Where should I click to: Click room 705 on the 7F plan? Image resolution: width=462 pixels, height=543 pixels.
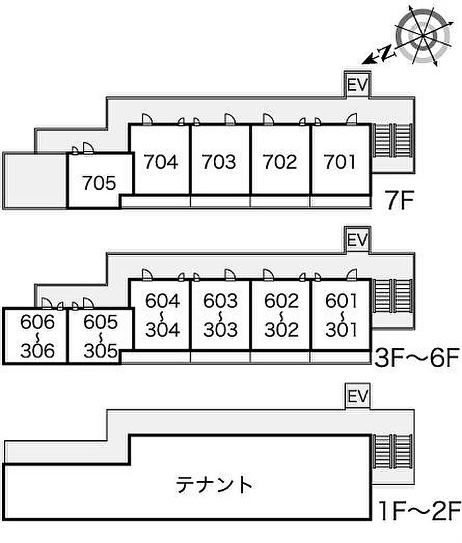tap(100, 183)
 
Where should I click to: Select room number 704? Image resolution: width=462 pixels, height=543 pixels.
tap(161, 161)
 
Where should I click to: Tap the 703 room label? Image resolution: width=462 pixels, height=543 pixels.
tap(219, 161)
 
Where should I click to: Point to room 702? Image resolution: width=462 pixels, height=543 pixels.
tap(280, 161)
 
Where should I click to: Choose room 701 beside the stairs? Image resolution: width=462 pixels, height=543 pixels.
tap(340, 161)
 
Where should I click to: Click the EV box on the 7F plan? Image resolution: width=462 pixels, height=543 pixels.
tap(357, 84)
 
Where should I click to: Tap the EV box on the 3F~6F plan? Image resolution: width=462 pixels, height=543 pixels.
tap(357, 240)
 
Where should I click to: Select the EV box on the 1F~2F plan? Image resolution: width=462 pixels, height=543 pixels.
tap(357, 396)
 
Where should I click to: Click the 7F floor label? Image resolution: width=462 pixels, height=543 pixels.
tap(399, 200)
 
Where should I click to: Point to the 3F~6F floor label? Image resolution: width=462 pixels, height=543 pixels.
tap(417, 358)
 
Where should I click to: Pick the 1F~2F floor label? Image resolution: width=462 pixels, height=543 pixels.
tap(419, 511)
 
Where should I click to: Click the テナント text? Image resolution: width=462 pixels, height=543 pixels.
tap(214, 484)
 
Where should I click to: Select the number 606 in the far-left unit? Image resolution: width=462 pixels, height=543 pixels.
tap(38, 322)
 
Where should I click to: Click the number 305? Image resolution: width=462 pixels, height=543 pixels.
tap(100, 351)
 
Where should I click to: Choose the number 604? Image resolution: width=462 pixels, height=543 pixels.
tap(162, 300)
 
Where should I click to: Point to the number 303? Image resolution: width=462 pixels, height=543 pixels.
tap(220, 329)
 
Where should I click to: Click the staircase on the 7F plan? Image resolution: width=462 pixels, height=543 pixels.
tap(393, 140)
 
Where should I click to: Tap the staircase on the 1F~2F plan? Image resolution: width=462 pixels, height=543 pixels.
tap(393, 452)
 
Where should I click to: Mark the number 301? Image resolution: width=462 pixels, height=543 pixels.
tap(341, 329)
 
